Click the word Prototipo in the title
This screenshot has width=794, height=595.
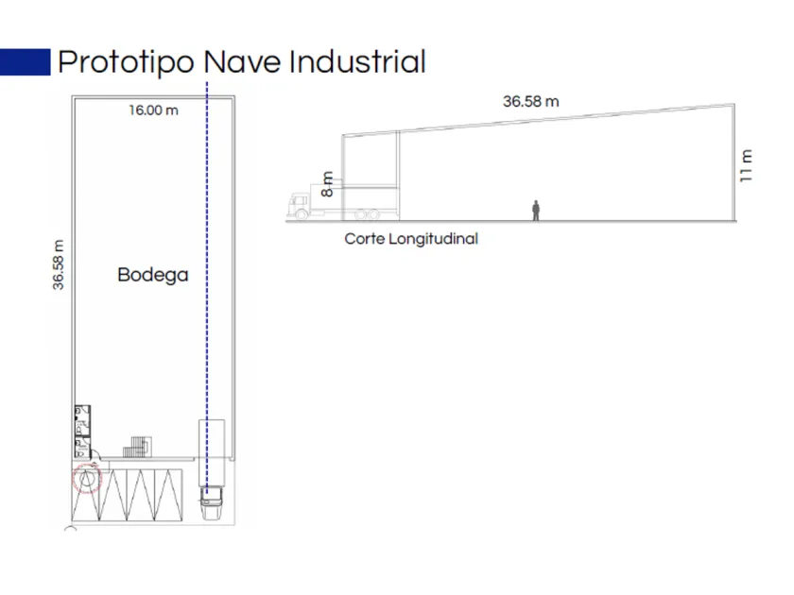tap(126, 62)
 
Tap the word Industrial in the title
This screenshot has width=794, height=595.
tap(357, 61)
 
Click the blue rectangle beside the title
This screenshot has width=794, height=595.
tap(26, 61)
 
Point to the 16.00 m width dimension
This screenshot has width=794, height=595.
tap(153, 110)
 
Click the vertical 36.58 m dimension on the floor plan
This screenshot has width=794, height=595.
tap(59, 264)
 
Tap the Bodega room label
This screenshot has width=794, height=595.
tap(153, 275)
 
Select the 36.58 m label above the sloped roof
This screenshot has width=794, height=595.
tap(530, 102)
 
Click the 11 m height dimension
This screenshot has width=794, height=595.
tap(746, 166)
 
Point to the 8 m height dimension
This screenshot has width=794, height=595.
tap(327, 184)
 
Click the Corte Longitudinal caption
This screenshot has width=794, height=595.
tap(411, 239)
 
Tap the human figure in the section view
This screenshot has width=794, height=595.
tap(536, 211)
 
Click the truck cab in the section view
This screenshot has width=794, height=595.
tap(299, 206)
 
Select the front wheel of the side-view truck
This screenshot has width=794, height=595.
tap(302, 215)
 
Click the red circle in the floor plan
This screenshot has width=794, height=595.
tap(87, 478)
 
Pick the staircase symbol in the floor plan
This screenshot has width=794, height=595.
tap(137, 447)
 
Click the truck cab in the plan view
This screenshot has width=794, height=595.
tap(211, 502)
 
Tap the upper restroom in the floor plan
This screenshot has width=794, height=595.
tap(82, 420)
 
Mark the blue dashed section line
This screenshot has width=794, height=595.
tap(207, 287)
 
